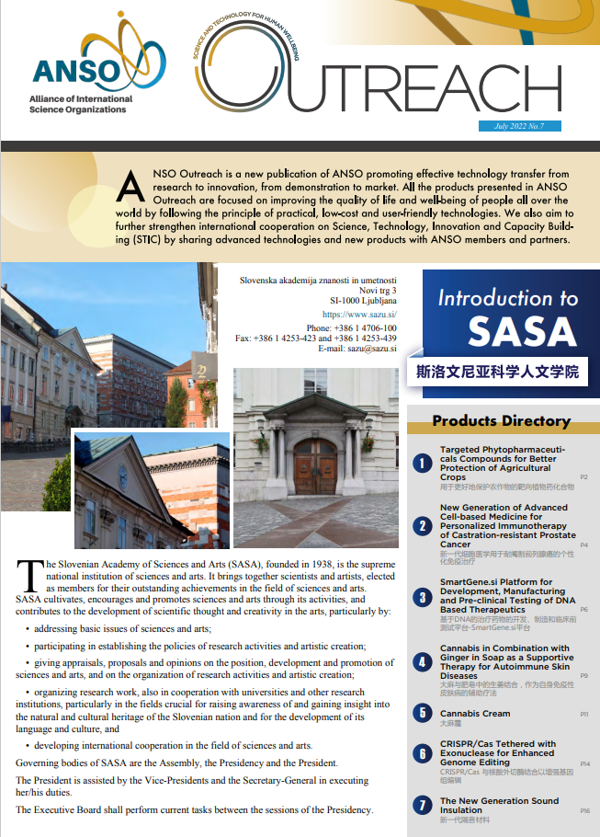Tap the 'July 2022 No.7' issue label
coord(518,126)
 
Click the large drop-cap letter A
coord(131,187)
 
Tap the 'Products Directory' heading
coord(502,421)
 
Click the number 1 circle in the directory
coord(422,464)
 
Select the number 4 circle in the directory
coord(422,662)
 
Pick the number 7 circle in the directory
coord(422,806)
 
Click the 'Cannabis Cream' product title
coord(475,714)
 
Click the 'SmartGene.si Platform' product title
coord(496,582)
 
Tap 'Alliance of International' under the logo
coord(81,99)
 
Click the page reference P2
coord(584,477)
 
